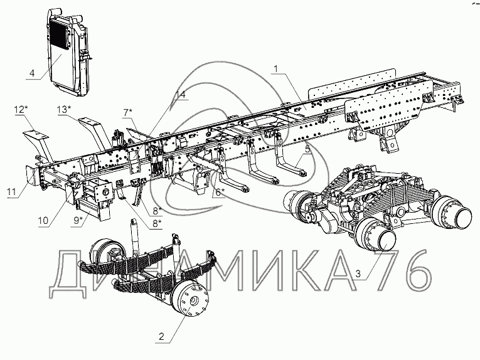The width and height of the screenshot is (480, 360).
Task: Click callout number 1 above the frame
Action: pyautogui.click(x=276, y=69)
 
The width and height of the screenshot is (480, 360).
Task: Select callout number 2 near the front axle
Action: pyautogui.click(x=161, y=337)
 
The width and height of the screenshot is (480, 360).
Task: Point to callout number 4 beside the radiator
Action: pyautogui.click(x=32, y=73)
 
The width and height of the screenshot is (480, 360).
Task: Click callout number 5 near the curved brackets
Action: pyautogui.click(x=307, y=149)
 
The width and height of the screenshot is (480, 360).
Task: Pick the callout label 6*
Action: pyautogui.click(x=220, y=193)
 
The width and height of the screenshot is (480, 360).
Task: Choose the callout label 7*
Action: pyautogui.click(x=127, y=112)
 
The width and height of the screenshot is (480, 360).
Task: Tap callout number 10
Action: pyautogui.click(x=43, y=221)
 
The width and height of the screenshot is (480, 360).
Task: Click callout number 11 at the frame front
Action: pyautogui.click(x=11, y=192)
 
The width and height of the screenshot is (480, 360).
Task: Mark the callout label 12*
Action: pyautogui.click(x=19, y=109)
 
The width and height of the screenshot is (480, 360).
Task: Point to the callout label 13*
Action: pyautogui.click(x=64, y=109)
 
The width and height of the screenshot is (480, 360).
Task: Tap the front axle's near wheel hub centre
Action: pyautogui.click(x=193, y=300)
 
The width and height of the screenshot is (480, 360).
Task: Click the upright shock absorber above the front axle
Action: pyautogui.click(x=135, y=238)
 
